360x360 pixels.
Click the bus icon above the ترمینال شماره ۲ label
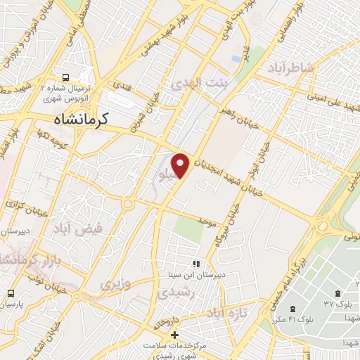tap(65, 77)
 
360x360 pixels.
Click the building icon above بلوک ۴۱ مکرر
tap(295, 309)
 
